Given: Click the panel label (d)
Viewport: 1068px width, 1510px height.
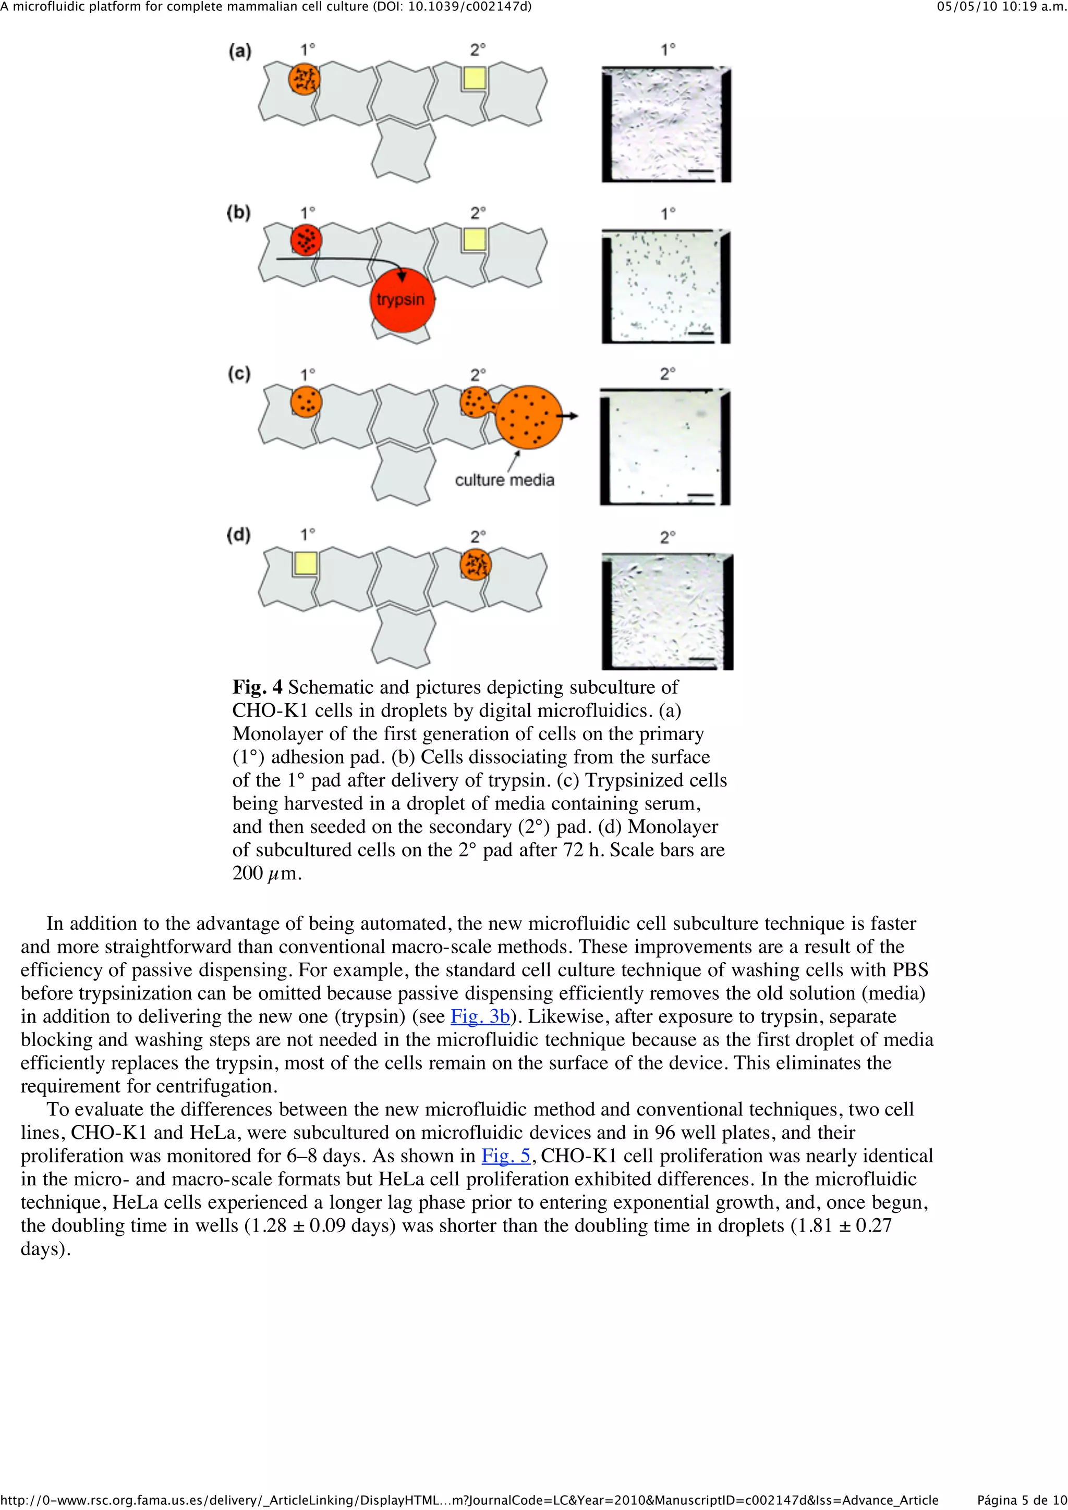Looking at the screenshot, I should (239, 535).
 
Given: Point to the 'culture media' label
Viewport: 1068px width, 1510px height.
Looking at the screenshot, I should (504, 480).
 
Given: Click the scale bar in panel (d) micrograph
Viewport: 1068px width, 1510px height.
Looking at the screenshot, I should (703, 659).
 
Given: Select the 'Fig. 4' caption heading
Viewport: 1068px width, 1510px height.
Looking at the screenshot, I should (257, 688).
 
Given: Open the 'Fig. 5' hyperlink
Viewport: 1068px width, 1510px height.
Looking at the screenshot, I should (505, 1156).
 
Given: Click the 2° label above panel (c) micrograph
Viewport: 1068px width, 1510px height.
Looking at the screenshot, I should (668, 374).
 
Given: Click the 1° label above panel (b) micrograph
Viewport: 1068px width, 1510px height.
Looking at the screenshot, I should (668, 214).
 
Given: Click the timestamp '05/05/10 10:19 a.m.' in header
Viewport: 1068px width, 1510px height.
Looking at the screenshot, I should (1001, 7).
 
